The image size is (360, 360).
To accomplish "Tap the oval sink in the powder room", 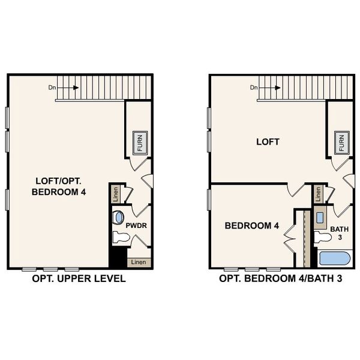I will (119, 217).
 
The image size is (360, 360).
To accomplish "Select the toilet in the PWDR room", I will (121, 238).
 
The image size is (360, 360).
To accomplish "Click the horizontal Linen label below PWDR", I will (139, 262).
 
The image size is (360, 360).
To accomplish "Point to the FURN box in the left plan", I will (140, 143).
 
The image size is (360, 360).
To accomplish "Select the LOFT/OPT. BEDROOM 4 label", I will (58, 186).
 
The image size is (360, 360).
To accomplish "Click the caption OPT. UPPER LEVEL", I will (79, 279).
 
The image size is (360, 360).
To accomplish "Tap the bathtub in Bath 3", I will (336, 259).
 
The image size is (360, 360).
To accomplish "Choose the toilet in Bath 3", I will (323, 238).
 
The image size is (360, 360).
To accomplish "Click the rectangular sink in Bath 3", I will (320, 217).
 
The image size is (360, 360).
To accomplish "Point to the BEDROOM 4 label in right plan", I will (252, 226).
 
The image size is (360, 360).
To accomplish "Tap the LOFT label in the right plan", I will (268, 142).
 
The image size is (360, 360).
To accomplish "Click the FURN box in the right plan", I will (341, 143).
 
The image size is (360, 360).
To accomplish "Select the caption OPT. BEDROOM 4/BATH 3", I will (281, 279).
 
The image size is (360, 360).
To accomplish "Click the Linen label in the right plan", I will (317, 194).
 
